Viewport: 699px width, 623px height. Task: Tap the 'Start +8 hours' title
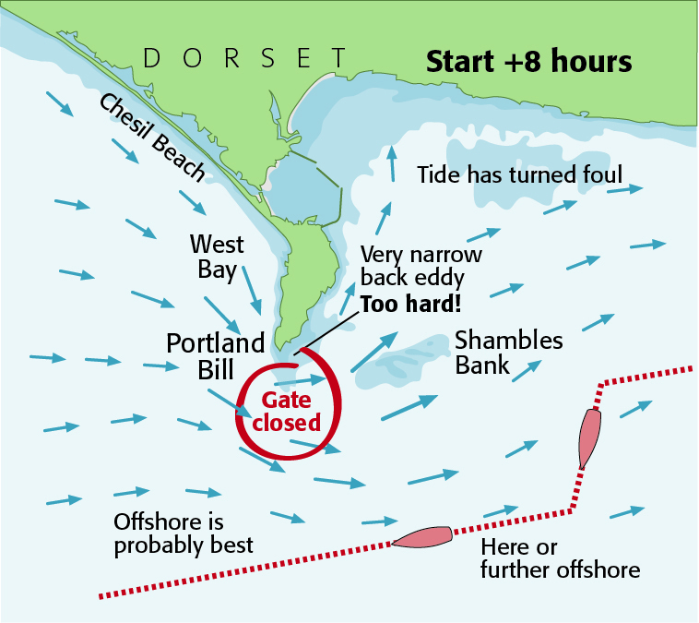point(527,62)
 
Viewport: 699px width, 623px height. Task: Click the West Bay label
point(218,258)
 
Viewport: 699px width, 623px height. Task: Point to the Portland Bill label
point(215,356)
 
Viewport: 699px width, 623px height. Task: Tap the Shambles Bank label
point(508,352)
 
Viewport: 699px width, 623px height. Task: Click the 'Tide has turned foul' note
point(520,174)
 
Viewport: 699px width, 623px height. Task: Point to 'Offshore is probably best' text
point(183,533)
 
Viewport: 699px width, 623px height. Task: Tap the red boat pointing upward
point(589,437)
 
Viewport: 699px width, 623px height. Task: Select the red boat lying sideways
point(422,536)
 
